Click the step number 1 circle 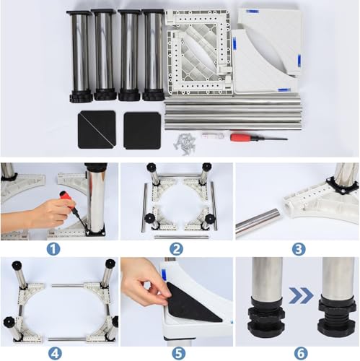(53, 249)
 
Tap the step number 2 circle (176, 249)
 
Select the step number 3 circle (299, 249)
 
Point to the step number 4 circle (55, 354)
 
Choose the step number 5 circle (178, 354)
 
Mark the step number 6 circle (301, 354)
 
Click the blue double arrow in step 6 (301, 295)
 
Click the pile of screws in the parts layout (185, 144)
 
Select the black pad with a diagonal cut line (97, 129)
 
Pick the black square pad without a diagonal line (142, 131)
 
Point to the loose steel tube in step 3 (258, 222)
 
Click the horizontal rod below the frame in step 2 (181, 237)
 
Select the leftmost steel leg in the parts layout (80, 56)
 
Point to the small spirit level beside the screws (213, 136)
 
